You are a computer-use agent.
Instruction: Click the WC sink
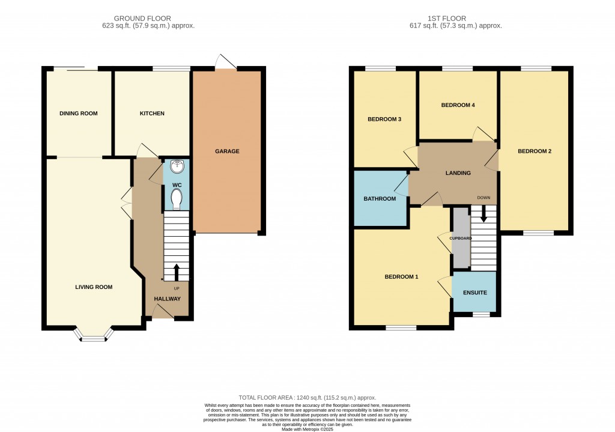coord(177,166)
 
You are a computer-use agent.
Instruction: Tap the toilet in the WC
coord(177,199)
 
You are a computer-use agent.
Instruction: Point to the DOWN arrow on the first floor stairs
coord(483,213)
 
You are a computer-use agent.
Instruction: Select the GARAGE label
coord(227,151)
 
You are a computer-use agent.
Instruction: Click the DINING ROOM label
coord(79,114)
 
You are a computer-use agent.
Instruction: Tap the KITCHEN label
coord(152,114)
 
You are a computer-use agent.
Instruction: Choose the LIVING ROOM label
coord(94,287)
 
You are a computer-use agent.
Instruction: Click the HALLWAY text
coord(167,299)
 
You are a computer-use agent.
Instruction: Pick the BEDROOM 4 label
coord(458,105)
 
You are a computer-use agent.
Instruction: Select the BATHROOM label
coord(380,198)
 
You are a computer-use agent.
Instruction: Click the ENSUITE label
coord(475,293)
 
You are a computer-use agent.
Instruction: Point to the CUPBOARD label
coord(461,238)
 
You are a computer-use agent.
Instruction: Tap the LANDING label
coord(458,172)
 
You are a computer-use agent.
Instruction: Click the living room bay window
coord(94,334)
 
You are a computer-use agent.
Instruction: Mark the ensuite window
coord(481,314)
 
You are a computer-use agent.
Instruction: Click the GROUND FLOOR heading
coord(142,19)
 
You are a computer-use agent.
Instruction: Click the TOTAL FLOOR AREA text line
coord(307,398)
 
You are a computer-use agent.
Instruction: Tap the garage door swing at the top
coord(226,62)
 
